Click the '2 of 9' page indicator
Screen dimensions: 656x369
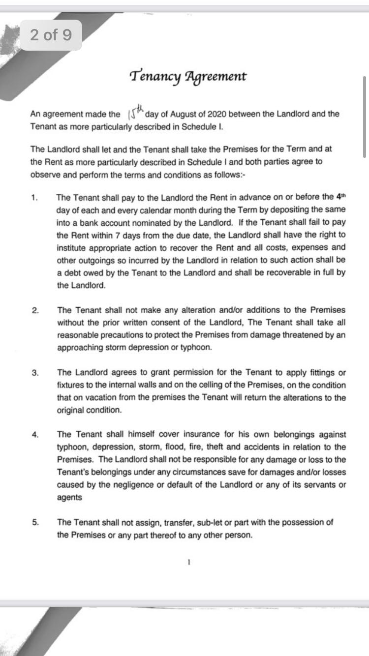pos(51,35)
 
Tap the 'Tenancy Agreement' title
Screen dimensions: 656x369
pos(188,76)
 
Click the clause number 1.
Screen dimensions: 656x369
pos(34,198)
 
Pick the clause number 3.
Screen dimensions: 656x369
pos(34,373)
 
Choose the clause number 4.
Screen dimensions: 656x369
pos(34,435)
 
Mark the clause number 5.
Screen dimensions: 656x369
pos(34,523)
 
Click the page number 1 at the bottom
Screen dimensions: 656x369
pos(189,561)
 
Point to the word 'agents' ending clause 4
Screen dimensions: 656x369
pos(69,497)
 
